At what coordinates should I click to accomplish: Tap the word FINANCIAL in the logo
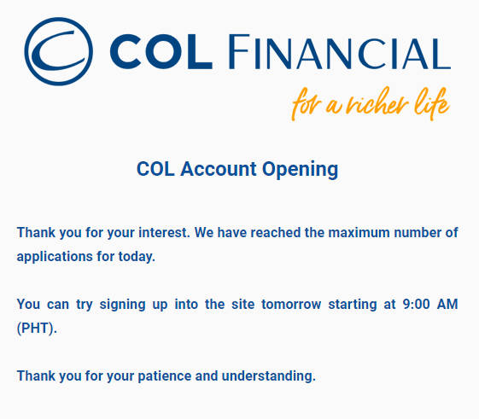click(339, 52)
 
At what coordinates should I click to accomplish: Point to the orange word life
click(432, 103)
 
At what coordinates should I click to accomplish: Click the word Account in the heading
click(218, 169)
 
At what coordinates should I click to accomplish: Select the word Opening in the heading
click(300, 170)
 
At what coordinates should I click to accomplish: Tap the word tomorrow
click(291, 305)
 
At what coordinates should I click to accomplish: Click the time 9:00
click(416, 304)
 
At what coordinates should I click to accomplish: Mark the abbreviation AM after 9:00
click(447, 304)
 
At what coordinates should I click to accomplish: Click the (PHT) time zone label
click(37, 329)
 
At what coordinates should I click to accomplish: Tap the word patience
click(165, 376)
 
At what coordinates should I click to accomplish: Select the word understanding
click(268, 376)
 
